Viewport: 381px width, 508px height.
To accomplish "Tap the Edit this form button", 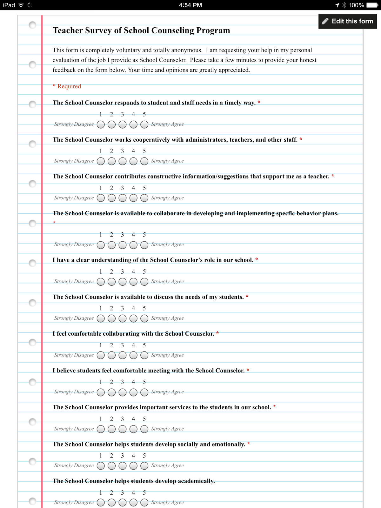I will tap(348, 21).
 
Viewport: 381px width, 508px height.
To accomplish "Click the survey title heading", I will tap(141, 30).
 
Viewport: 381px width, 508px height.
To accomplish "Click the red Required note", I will tap(67, 86).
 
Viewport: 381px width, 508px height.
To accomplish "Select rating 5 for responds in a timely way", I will tap(144, 124).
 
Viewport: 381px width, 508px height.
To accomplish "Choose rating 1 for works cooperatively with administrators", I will tap(101, 161).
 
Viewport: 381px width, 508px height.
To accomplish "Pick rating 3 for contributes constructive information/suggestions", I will tap(123, 198).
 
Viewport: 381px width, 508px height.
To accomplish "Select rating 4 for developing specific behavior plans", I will tap(133, 245).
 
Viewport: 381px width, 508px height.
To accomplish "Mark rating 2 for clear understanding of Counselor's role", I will tap(111, 282).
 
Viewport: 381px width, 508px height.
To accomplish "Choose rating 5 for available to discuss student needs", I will tap(144, 318).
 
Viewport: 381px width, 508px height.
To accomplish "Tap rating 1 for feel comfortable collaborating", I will tap(101, 355).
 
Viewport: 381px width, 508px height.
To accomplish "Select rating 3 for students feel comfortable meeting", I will tap(123, 392).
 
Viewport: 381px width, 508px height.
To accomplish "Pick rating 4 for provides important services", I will tap(133, 429).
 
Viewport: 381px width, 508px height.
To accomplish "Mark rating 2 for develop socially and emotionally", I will tap(111, 466).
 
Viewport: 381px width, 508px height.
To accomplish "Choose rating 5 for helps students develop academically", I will tap(144, 503).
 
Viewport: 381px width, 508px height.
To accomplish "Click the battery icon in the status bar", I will tap(372, 5).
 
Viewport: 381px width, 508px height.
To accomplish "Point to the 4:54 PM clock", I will tap(190, 5).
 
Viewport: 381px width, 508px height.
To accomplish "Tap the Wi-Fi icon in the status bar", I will tap(21, 5).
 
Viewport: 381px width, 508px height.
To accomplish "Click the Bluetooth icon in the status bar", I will tap(344, 5).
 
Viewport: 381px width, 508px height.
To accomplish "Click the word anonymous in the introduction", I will tap(186, 50).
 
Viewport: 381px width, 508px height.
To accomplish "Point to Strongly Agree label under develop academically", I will tap(167, 502).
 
